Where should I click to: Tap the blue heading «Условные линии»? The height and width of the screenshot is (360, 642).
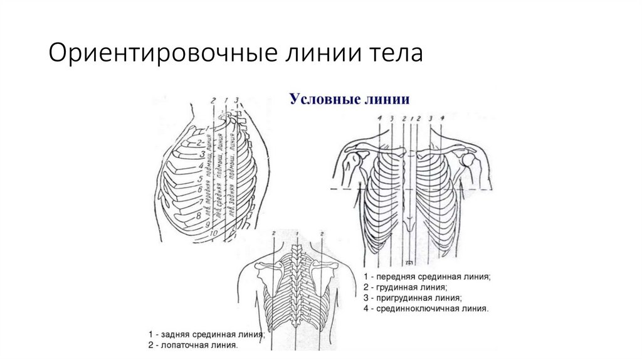[x=349, y=99]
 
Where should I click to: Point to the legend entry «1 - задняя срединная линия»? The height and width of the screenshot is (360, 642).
[x=206, y=334]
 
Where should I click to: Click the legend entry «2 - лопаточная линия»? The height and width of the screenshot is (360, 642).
[x=192, y=345]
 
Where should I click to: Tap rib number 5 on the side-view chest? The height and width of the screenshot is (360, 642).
[x=199, y=177]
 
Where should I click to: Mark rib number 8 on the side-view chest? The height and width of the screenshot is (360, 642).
[x=199, y=215]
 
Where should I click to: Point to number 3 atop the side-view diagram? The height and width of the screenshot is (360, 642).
[x=236, y=100]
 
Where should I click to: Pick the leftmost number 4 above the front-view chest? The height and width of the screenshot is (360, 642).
[x=379, y=118]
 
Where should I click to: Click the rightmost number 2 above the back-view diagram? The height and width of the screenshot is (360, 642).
[x=322, y=234]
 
